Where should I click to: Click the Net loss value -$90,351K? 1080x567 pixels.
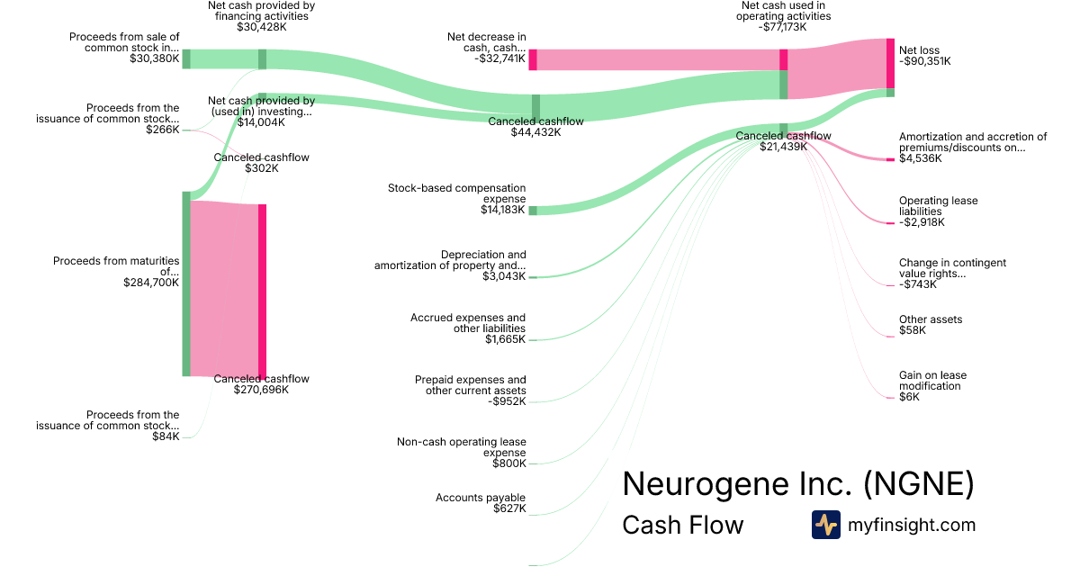924,61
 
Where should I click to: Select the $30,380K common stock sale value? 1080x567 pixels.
154,58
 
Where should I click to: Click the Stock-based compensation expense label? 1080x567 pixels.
457,193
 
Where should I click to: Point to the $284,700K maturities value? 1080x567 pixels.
151,282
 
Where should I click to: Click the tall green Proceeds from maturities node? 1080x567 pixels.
186,283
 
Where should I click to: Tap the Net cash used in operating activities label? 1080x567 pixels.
782,11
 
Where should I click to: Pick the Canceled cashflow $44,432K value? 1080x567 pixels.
535,132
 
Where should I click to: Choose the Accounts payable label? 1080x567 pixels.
481,498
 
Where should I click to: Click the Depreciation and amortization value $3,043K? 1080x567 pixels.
504,277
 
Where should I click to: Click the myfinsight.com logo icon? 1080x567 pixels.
825,525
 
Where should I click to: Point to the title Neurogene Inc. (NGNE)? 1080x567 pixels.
797,484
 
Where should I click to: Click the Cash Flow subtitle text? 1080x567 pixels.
682,526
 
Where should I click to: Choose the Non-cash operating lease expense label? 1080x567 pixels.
461,447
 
